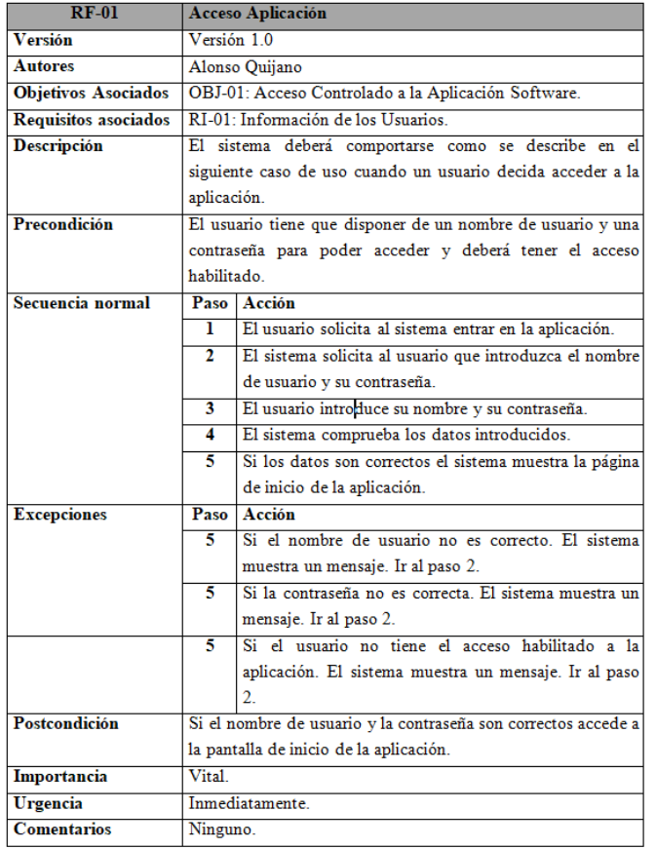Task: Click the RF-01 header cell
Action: click(95, 15)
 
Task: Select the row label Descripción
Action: click(58, 146)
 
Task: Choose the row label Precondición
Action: click(62, 224)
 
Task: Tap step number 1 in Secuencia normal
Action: click(210, 328)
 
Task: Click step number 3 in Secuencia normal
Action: click(210, 406)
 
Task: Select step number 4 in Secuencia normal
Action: click(210, 433)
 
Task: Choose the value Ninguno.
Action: click(219, 830)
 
